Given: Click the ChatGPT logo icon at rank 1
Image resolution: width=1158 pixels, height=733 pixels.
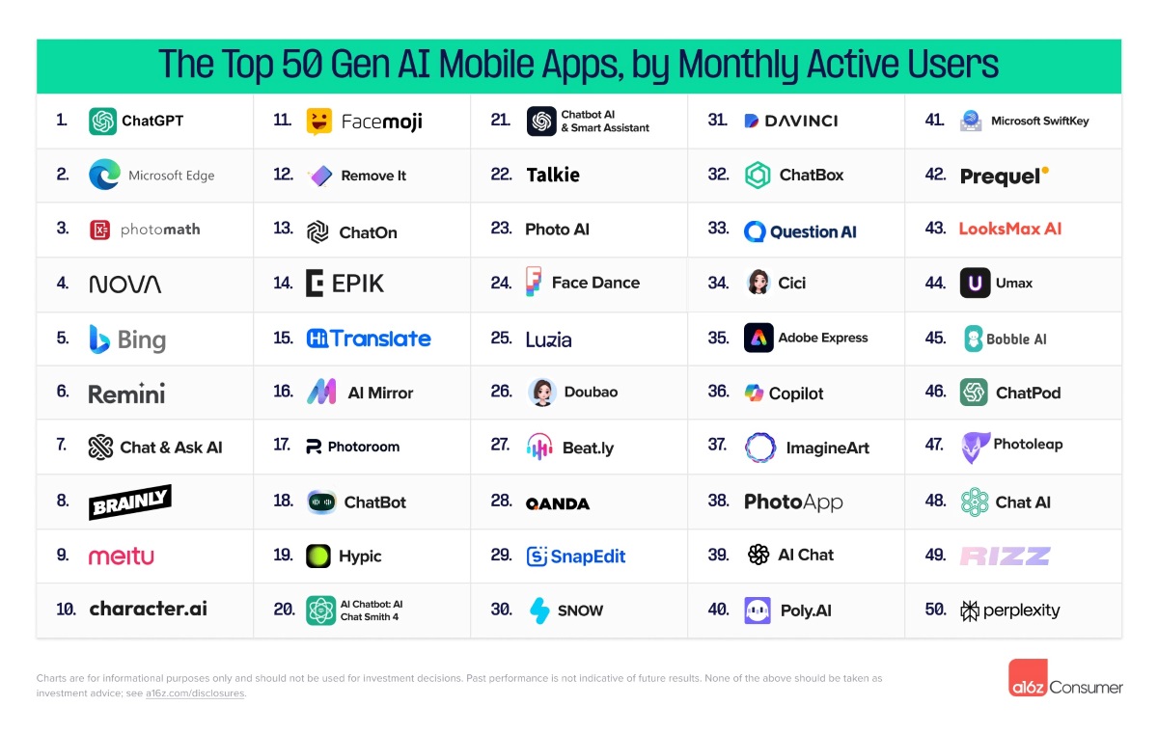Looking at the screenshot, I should click(x=102, y=122).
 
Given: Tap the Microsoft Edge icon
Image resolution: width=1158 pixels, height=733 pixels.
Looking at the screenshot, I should click(x=103, y=176).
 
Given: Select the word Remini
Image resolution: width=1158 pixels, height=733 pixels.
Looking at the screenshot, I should click(x=126, y=394).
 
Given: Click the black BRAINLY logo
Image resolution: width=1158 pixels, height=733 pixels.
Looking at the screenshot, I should click(x=130, y=502).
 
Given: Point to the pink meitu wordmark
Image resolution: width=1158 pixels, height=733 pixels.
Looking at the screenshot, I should click(x=121, y=557).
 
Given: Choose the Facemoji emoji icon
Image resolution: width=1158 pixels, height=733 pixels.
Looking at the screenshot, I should click(x=319, y=122).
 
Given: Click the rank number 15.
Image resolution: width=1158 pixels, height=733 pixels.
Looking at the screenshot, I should click(x=283, y=339).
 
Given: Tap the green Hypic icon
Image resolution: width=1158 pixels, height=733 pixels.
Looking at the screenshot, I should click(x=318, y=557).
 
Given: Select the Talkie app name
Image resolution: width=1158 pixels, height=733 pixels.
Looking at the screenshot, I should click(x=553, y=176).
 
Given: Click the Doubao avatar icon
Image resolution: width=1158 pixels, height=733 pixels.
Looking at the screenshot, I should click(x=541, y=393).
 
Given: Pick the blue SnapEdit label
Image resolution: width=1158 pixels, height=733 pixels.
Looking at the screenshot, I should click(x=588, y=557).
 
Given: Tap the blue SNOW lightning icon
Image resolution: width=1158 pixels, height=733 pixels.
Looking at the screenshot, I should click(x=539, y=611).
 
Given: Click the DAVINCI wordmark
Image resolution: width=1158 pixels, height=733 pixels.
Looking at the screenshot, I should click(x=800, y=122).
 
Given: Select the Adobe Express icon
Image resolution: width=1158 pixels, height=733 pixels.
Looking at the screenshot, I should click(x=758, y=339).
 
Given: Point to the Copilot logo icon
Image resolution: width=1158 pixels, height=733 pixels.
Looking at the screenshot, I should click(x=754, y=394).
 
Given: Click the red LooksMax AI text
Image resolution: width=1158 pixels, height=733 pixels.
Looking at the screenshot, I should click(x=1009, y=230).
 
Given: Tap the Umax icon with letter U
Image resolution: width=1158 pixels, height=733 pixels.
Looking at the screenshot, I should click(x=975, y=284).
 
